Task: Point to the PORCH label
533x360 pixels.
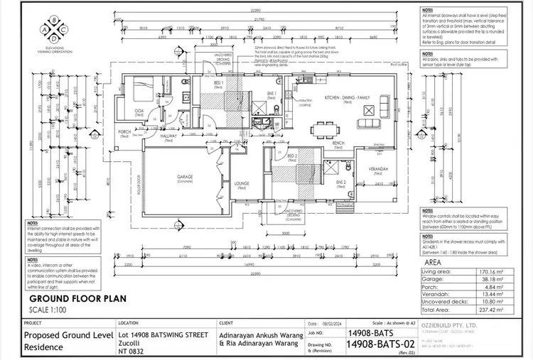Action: click(124, 131)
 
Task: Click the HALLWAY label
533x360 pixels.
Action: click(168, 138)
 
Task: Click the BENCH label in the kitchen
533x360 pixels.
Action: click(338, 143)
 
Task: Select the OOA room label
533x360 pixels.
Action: click(140, 111)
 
